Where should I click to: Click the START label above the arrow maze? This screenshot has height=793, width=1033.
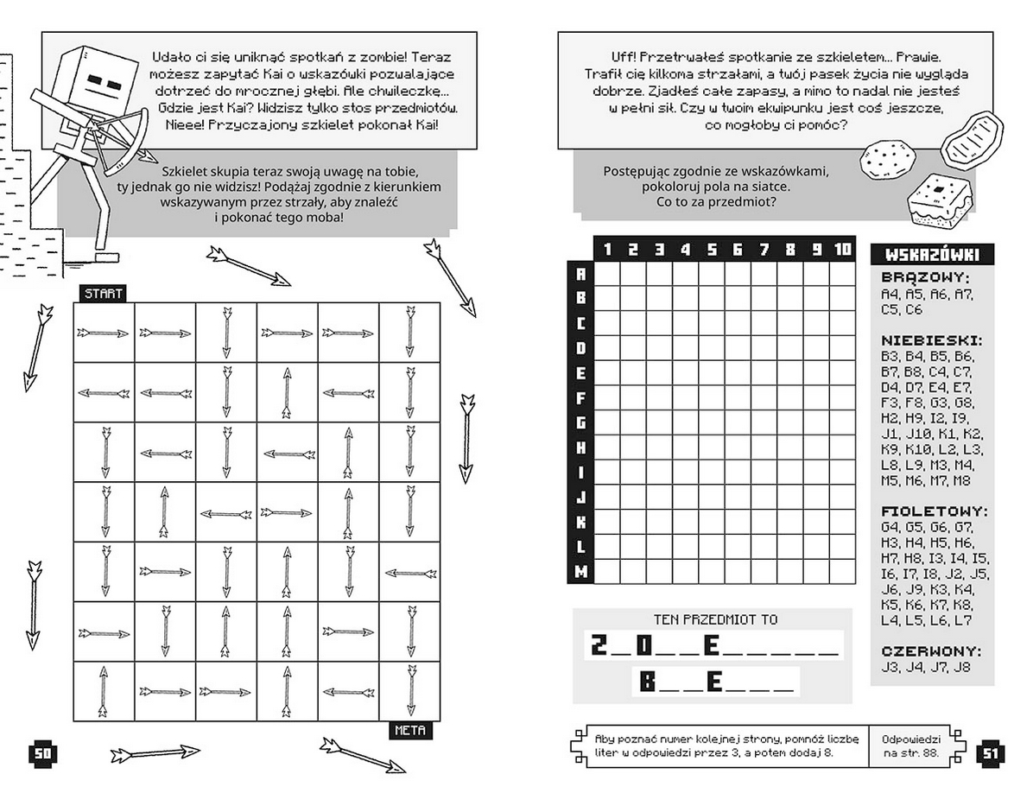click(x=103, y=294)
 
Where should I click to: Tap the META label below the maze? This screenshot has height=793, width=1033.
click(x=409, y=731)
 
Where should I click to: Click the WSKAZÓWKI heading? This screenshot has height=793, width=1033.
click(x=932, y=255)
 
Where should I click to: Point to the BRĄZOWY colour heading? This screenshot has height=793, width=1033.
click(x=925, y=278)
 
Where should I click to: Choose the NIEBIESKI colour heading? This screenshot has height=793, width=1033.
click(x=932, y=340)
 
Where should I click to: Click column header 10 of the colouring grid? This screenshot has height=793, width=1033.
click(x=842, y=250)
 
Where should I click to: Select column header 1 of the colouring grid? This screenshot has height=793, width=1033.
click(x=607, y=250)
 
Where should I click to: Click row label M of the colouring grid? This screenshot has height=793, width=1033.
click(x=580, y=571)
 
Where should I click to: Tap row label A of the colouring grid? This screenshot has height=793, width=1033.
click(x=580, y=274)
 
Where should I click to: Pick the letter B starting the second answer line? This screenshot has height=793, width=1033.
click(x=648, y=682)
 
